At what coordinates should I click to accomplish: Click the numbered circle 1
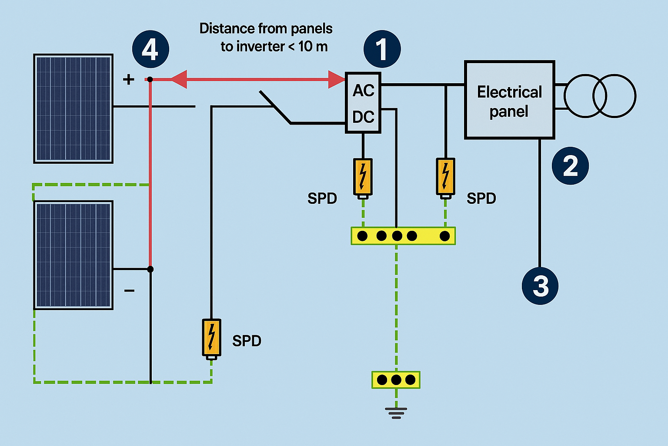[382, 49]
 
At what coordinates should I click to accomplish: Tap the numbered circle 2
[570, 166]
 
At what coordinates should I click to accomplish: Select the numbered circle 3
[540, 286]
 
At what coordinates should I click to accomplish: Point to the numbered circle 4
[150, 49]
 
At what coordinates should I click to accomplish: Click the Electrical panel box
[509, 100]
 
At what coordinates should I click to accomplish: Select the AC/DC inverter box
[363, 103]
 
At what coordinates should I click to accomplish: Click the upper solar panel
[73, 108]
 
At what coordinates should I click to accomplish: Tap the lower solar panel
[73, 255]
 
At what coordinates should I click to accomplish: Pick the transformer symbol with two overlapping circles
[600, 96]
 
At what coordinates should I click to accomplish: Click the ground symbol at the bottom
[396, 412]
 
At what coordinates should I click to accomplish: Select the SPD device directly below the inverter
[363, 177]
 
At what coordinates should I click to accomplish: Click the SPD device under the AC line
[445, 177]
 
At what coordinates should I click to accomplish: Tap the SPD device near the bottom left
[211, 338]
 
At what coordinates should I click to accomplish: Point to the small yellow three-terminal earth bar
[396, 380]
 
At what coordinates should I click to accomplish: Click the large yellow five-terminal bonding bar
[403, 236]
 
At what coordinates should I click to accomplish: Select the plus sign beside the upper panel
[128, 79]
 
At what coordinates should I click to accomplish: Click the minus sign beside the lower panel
[129, 291]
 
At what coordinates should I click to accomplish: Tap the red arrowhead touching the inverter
[337, 79]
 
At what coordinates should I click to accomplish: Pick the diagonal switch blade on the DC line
[275, 107]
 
